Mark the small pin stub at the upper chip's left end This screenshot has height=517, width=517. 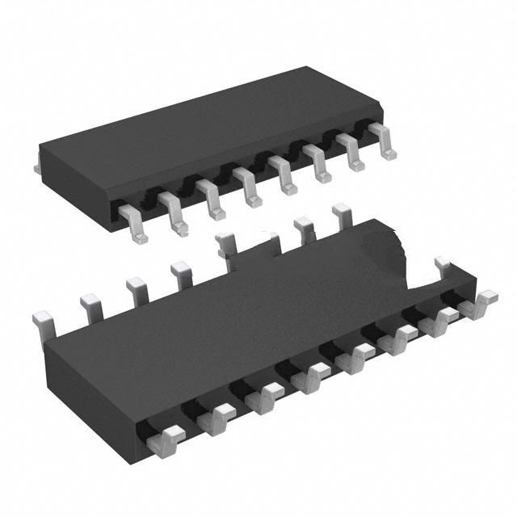coord(37,167)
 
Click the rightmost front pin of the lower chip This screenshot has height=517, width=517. coord(485,304)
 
